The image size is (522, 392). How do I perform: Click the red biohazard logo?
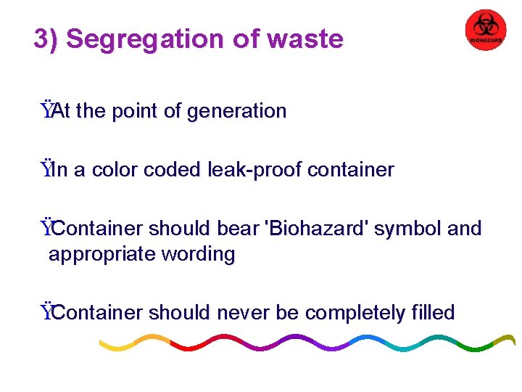click(485, 30)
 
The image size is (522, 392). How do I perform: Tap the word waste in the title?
click(304, 39)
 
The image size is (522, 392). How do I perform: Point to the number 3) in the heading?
click(46, 39)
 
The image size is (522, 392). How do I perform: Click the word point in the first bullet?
click(134, 111)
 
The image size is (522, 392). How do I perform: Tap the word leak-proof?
click(254, 170)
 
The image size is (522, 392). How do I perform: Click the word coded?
click(173, 170)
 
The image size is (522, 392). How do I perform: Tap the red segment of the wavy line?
click(199, 343)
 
